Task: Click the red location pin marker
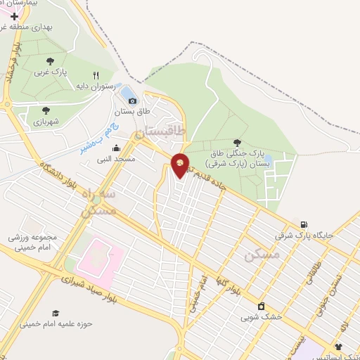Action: coord(180,165)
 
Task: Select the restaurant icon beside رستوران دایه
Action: coord(96,75)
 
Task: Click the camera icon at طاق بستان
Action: coord(132,101)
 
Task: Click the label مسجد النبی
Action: coord(115,160)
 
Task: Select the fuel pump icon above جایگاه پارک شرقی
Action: coord(304,224)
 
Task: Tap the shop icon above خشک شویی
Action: coord(262,306)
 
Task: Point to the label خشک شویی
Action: coord(261,317)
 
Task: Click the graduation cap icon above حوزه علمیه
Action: coord(56,313)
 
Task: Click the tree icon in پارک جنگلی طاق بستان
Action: coord(236,143)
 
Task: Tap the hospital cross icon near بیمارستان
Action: coord(14,16)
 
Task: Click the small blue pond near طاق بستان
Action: coord(129,92)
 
